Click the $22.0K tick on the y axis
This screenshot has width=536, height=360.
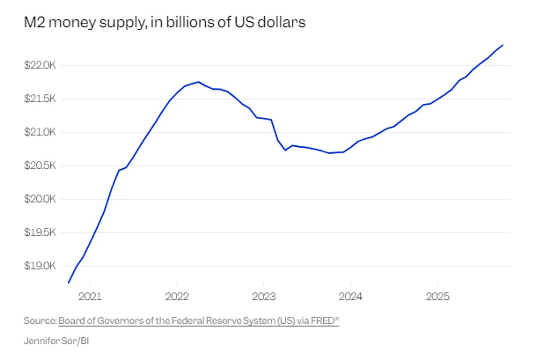coord(41,65)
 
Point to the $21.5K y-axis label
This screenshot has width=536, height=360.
coord(41,99)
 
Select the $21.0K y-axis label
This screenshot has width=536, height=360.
coord(41,132)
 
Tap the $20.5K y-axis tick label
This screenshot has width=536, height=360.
coord(41,165)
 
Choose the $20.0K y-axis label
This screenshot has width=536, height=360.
coord(41,199)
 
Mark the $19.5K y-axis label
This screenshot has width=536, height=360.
coord(41,232)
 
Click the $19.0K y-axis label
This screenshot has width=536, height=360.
coord(41,266)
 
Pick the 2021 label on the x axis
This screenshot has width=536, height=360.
coord(91,296)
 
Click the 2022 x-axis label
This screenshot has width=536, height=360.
coord(177,296)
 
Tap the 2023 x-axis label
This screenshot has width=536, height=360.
coord(264,296)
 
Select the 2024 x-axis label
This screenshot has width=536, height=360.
coord(350,296)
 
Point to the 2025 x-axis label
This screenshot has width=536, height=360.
coord(437,296)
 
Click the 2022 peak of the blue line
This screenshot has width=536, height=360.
coord(199,82)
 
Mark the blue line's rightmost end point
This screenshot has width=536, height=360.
coord(503,45)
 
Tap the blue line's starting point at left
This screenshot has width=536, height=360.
coord(69,283)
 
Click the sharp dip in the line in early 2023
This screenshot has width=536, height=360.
coord(285,150)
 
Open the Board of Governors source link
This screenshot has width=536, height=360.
coord(198,321)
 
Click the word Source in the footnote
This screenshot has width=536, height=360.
coord(40,321)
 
